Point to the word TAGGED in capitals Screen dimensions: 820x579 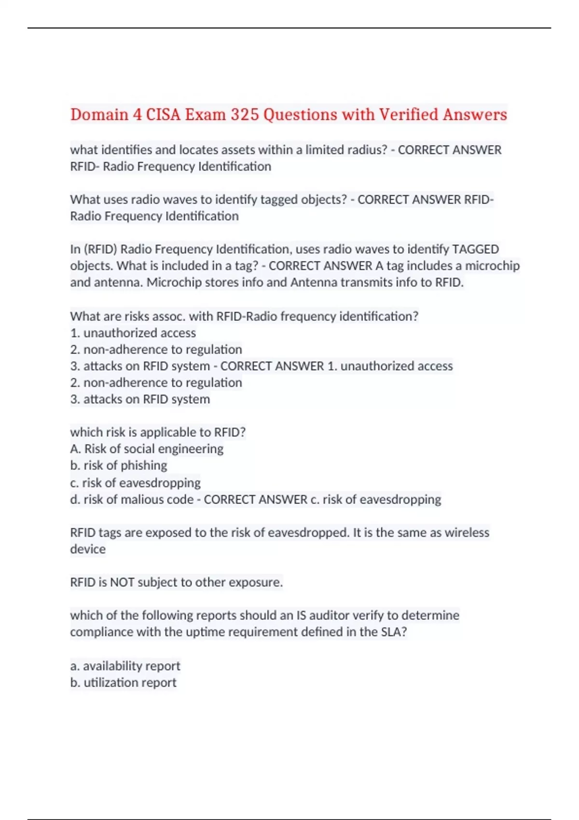click(475, 249)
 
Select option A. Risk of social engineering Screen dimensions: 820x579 click(147, 449)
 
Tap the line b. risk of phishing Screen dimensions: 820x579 click(119, 465)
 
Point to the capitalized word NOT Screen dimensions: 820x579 click(122, 582)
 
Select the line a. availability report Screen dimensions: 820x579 click(125, 666)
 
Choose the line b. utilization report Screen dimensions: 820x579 click(123, 683)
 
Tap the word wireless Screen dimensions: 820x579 click(467, 533)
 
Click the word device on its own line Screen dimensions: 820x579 click(88, 549)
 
